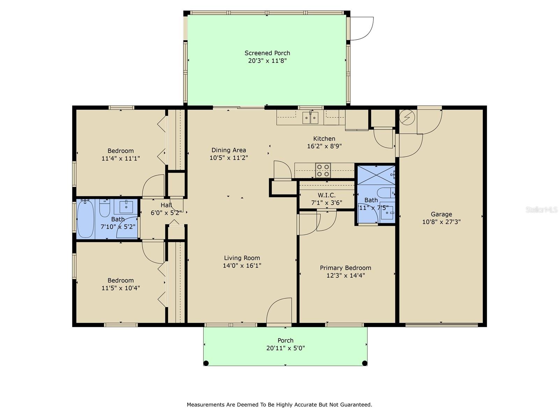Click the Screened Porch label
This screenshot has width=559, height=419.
[x=267, y=53]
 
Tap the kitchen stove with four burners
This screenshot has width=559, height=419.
[x=323, y=170]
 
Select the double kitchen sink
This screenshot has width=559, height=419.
[x=310, y=118]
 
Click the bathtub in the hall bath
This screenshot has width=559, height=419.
[x=86, y=219]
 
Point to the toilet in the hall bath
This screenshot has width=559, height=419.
[x=104, y=208]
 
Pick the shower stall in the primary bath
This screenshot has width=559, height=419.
[x=376, y=175]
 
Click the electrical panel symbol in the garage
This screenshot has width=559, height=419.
[x=407, y=117]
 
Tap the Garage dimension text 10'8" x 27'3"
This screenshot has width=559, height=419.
[x=441, y=222]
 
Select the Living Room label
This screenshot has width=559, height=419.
[x=242, y=258]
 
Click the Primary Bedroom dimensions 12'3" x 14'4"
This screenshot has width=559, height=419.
[x=346, y=275]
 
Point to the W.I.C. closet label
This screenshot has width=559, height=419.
[x=326, y=196]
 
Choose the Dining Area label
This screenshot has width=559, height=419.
[x=229, y=150]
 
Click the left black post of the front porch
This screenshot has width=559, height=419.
[x=206, y=363]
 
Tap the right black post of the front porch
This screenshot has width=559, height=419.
[x=364, y=363]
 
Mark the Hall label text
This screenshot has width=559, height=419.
[x=166, y=205]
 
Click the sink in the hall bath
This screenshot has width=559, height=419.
[x=126, y=207]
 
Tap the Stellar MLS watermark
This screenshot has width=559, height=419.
[x=542, y=209]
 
